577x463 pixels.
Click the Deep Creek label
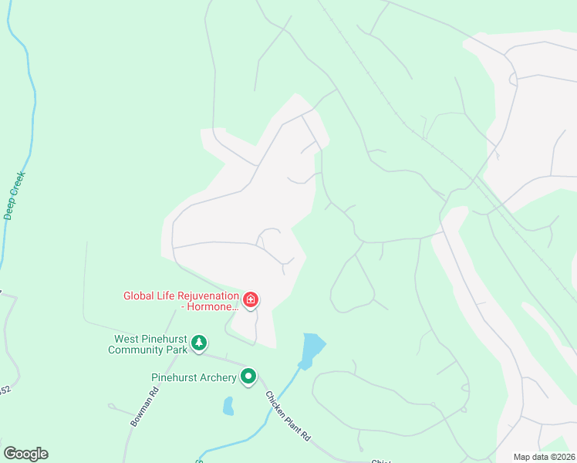tap(15, 194)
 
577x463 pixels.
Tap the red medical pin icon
tap(251, 299)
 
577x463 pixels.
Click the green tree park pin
tap(199, 342)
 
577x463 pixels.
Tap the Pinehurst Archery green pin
tap(248, 377)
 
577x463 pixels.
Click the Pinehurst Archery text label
tap(194, 377)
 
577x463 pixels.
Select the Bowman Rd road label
tap(145, 407)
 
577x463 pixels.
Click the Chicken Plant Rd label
tap(288, 416)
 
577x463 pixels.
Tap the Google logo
tap(25, 454)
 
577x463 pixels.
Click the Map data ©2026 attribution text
tap(545, 457)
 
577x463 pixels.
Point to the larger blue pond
tap(312, 350)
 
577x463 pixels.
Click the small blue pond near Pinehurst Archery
tap(228, 406)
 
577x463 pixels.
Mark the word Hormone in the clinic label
tap(211, 306)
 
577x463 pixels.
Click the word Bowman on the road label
tap(141, 413)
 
